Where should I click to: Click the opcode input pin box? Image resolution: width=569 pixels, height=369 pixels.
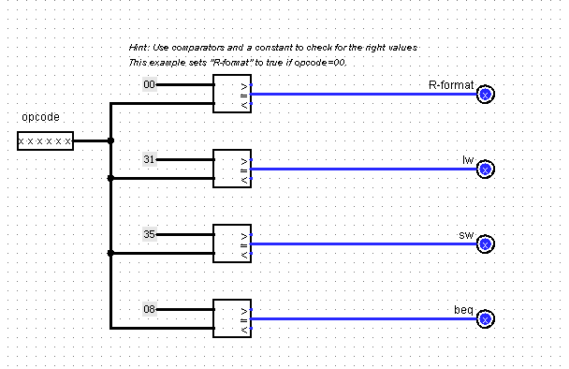coord(44,141)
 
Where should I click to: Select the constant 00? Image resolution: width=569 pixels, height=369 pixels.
coord(149,85)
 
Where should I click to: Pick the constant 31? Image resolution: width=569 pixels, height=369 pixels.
coord(149,160)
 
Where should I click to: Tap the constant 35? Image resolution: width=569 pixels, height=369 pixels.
coord(149,234)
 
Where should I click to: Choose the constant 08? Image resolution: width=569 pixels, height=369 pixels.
coord(149,309)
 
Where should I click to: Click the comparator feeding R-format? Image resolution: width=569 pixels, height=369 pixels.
coord(231,94)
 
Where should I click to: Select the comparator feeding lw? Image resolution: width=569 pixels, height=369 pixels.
coord(231,169)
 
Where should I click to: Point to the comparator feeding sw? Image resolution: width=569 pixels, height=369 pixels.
coord(231,244)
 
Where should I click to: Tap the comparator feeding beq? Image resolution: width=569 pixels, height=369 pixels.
coord(231,318)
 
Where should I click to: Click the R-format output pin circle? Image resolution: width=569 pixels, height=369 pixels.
coord(485,94)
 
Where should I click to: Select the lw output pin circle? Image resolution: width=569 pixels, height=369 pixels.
coord(485,169)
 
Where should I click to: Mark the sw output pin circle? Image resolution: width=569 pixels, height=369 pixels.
coord(485,244)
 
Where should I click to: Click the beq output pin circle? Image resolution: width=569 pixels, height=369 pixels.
coord(485,318)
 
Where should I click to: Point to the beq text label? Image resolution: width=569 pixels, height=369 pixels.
coord(464,309)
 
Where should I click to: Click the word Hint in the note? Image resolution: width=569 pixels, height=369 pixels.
coord(139,47)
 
